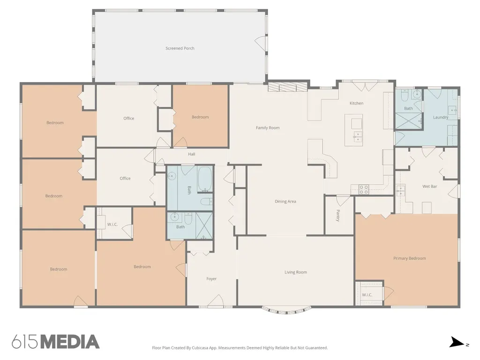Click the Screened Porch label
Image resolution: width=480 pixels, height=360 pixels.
[x=180, y=48]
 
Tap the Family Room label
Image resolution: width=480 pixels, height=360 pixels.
[x=268, y=127]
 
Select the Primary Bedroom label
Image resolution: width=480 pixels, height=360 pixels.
[x=409, y=258]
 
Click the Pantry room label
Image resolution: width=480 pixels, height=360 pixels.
[x=338, y=216]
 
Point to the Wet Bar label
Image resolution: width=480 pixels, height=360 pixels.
[x=429, y=187]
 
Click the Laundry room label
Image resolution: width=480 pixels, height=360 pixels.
[x=441, y=117]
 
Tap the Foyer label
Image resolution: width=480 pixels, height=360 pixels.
[x=211, y=279]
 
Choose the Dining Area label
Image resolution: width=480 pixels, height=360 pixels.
[x=285, y=202]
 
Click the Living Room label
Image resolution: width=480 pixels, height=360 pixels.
[x=295, y=272]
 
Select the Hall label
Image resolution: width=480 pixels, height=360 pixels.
[x=192, y=154]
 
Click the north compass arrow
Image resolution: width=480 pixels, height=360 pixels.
[x=457, y=343]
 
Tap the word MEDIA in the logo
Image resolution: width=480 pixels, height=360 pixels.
[x=70, y=342]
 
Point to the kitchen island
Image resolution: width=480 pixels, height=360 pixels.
[x=354, y=130]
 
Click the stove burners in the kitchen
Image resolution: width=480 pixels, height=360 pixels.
[x=364, y=189]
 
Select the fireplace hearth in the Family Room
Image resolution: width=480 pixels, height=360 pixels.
[x=287, y=87]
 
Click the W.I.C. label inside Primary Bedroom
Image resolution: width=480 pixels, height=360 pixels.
[x=367, y=295]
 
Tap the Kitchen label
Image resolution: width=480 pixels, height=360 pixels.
[x=356, y=103]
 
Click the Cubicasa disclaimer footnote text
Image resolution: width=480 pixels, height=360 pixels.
[x=240, y=348]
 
